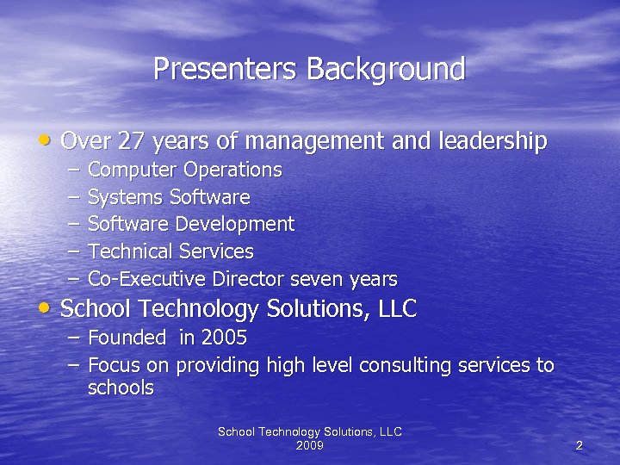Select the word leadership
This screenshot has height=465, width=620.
(492, 141)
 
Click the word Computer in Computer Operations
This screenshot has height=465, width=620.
(127, 170)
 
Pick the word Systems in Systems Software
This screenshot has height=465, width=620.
(126, 197)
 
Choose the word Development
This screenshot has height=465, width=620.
(235, 225)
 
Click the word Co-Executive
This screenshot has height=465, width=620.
(146, 279)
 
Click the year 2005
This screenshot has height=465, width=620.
(224, 338)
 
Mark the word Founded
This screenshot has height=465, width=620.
(126, 338)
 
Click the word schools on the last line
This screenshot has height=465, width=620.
(121, 388)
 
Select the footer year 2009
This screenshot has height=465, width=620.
(309, 445)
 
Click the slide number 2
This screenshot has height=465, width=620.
(579, 445)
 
